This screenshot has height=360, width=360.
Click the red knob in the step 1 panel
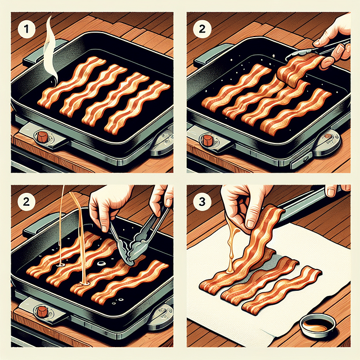(42, 137)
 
